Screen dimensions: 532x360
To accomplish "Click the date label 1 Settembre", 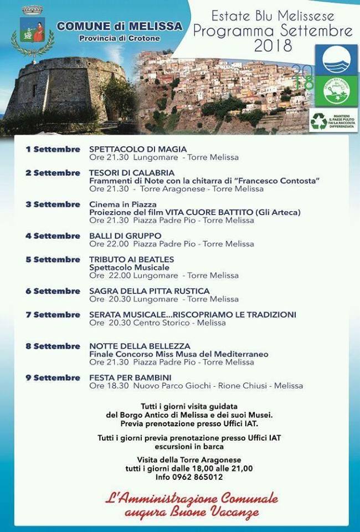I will (x=53, y=149).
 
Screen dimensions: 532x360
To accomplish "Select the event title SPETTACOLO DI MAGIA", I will (x=138, y=149).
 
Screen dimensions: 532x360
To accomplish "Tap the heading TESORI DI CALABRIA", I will (x=132, y=173).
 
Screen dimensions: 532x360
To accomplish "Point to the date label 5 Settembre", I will (x=53, y=259).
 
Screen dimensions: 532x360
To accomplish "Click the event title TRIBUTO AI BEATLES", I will (x=131, y=259).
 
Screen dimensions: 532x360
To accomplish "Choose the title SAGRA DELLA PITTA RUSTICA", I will (x=149, y=291).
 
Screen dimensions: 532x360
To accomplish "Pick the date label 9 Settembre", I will (x=53, y=377).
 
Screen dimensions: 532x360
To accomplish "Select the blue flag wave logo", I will (x=336, y=59).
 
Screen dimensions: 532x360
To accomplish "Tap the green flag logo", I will (x=336, y=90).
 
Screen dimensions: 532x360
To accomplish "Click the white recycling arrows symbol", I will (x=319, y=121).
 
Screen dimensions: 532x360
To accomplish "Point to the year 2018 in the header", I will (x=273, y=46).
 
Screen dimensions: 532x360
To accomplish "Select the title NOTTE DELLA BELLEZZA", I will (x=140, y=346).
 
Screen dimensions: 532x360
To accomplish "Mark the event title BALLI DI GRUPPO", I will (x=125, y=236).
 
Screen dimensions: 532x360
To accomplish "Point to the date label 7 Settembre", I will (x=53, y=315).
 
